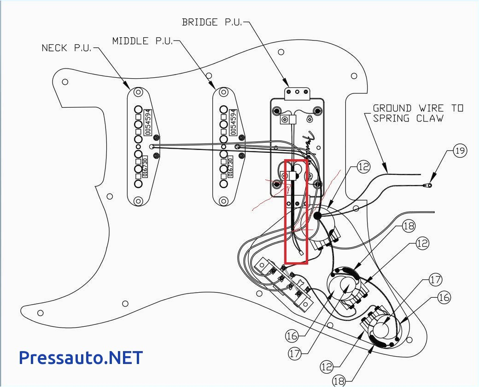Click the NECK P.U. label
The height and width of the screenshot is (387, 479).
(x=66, y=48)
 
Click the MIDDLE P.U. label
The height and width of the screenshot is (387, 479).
(x=142, y=41)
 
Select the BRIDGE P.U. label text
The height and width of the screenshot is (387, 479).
(x=211, y=22)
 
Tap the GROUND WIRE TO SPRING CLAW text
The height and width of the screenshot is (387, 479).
(x=417, y=113)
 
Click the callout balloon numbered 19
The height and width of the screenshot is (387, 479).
(x=460, y=150)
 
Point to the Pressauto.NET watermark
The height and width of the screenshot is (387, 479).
(x=81, y=357)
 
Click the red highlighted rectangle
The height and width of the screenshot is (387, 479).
(x=296, y=212)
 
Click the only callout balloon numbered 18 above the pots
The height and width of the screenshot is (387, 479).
(x=409, y=226)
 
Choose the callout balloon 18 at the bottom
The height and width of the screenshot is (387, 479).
(x=339, y=381)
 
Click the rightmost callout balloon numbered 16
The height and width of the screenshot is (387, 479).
(x=444, y=297)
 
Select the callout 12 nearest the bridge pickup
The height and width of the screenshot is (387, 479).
(x=363, y=167)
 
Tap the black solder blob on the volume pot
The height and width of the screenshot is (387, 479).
(x=317, y=215)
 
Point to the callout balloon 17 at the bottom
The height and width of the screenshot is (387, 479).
(x=295, y=353)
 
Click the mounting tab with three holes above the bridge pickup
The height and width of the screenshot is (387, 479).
(x=297, y=93)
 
